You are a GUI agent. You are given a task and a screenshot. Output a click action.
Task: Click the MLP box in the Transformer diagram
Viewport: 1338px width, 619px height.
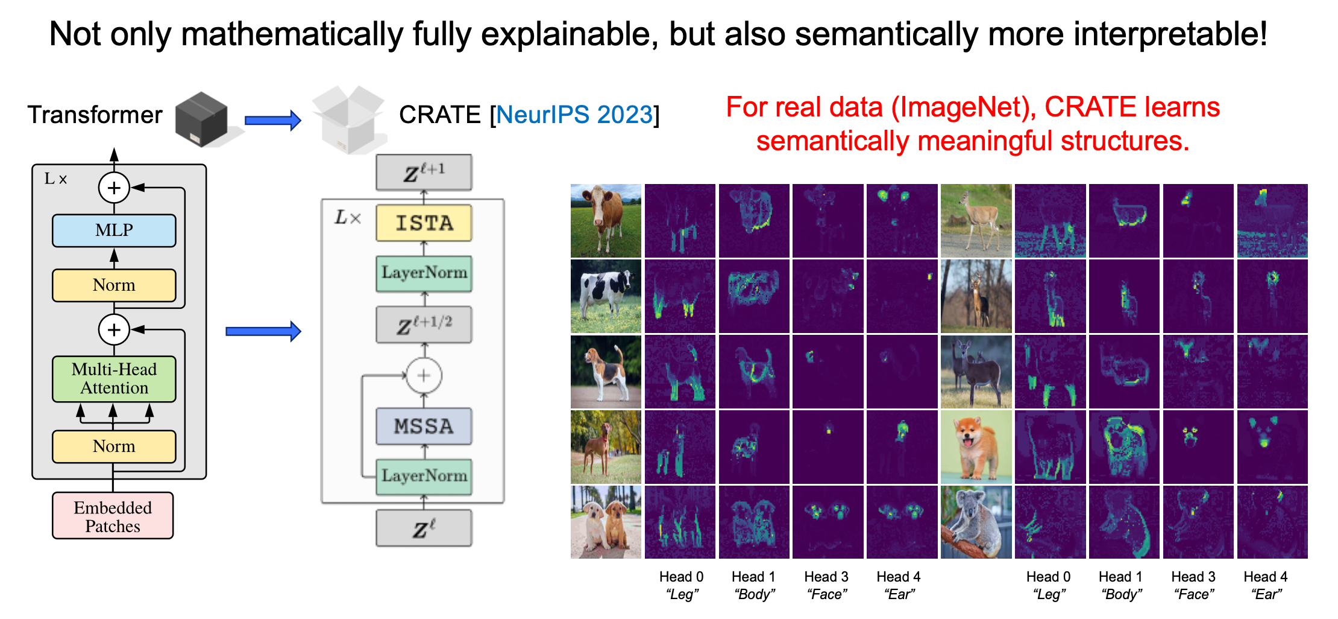[x=114, y=230]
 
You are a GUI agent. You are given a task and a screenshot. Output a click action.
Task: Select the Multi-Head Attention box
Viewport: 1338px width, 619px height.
[x=114, y=379]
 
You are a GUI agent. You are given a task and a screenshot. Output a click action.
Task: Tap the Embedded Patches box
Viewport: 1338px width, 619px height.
[x=113, y=516]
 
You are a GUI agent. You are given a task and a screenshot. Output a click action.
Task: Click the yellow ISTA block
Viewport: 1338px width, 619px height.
[x=424, y=223]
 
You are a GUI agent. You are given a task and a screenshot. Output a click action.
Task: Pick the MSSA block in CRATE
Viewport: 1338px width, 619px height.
[x=424, y=426]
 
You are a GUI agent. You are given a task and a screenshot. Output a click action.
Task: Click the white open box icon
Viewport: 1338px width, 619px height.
[x=349, y=119]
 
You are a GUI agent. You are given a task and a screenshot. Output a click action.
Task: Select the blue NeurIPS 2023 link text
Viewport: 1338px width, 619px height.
[x=574, y=115]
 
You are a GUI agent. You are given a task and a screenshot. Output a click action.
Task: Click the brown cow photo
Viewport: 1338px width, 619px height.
[x=606, y=221]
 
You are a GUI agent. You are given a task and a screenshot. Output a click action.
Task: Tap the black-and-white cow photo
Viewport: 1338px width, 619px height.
[x=606, y=296]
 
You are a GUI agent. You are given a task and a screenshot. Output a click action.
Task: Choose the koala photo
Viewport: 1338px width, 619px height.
[x=976, y=522]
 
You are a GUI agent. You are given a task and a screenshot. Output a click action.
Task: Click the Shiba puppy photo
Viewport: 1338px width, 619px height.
[x=976, y=447]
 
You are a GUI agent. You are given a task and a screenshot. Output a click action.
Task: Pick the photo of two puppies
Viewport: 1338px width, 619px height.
[x=606, y=522]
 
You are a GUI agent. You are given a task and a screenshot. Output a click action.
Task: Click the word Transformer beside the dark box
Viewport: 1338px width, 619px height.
[x=95, y=115]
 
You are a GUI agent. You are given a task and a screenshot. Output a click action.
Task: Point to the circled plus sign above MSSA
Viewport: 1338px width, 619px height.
[x=424, y=375]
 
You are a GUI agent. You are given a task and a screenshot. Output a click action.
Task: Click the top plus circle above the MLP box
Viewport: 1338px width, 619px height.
[x=114, y=188]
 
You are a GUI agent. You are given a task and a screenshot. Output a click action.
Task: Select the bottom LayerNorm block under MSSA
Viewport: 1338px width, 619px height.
[x=424, y=477]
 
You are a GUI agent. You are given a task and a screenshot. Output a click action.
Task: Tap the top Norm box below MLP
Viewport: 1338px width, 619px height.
[x=114, y=285]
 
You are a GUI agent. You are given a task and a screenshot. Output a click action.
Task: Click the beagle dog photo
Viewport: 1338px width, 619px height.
[x=606, y=372]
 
